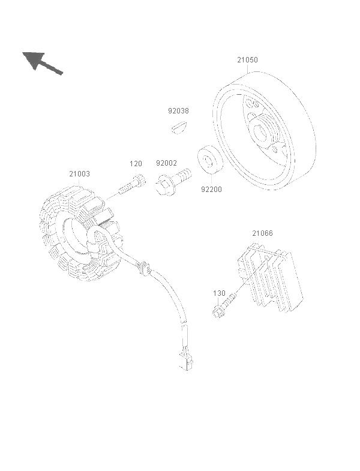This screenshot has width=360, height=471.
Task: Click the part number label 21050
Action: point(247,60)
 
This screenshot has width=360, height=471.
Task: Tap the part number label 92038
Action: point(178,111)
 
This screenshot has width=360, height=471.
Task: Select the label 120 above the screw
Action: point(136,164)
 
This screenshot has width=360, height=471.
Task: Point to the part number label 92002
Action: point(166,163)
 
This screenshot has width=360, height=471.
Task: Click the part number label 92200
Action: point(211,190)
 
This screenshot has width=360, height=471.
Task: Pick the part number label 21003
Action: point(79,173)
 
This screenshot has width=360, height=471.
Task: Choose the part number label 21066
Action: point(262,233)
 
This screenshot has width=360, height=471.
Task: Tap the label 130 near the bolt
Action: point(219,293)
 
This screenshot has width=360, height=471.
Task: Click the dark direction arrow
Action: point(42,63)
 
